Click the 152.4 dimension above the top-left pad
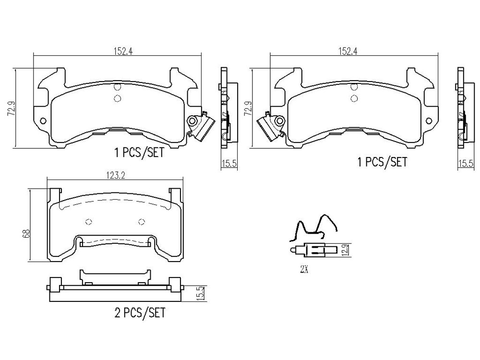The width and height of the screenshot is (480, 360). click(x=123, y=51)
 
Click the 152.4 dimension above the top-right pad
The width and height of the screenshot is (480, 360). click(x=348, y=51)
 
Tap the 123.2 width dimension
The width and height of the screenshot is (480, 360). click(x=116, y=175)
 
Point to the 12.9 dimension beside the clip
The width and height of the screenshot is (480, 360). click(x=345, y=251)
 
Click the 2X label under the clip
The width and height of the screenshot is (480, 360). click(x=304, y=269)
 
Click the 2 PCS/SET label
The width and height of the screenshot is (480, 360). click(x=140, y=313)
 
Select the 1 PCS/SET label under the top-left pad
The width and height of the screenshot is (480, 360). click(x=139, y=153)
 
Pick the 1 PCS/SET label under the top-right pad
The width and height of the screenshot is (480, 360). click(x=383, y=162)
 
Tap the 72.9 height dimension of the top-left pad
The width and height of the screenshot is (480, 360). click(x=12, y=108)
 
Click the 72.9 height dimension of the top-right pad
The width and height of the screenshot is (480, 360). click(x=248, y=108)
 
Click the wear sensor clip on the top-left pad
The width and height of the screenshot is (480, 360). click(x=200, y=125)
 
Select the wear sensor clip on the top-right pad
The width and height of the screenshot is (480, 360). click(x=271, y=125)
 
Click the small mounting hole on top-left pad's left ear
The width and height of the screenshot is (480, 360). click(x=43, y=121)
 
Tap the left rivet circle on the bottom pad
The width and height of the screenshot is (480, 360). click(x=89, y=222)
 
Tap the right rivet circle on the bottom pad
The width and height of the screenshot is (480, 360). click(x=142, y=222)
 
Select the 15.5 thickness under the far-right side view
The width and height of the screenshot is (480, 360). click(x=465, y=164)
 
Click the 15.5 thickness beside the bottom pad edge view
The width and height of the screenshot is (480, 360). click(x=200, y=293)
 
